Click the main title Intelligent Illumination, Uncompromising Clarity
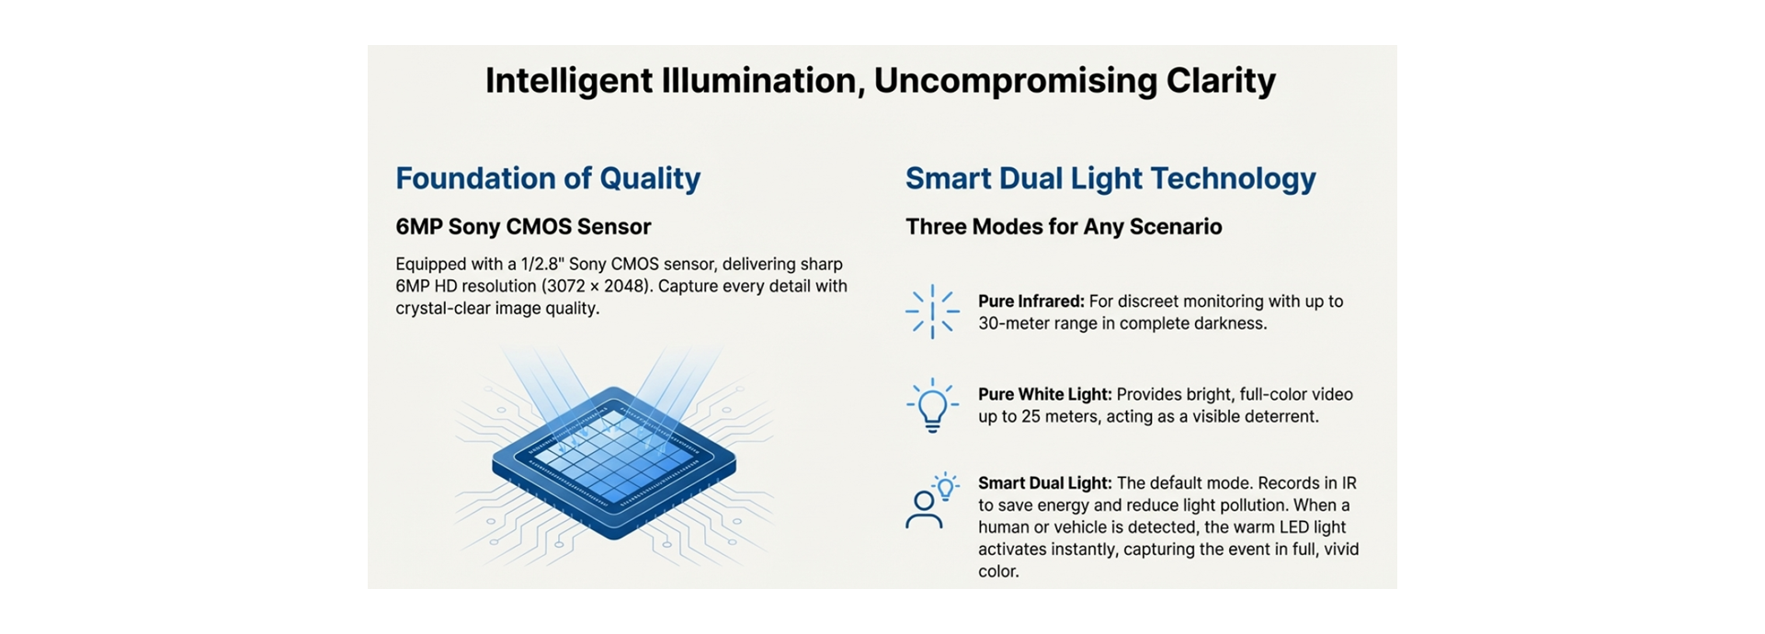(880, 81)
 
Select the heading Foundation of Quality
(548, 178)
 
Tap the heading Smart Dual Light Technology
(1110, 178)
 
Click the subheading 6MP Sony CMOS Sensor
(523, 227)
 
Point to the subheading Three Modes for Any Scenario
(1064, 227)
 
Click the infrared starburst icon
(932, 311)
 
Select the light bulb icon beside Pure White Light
(932, 404)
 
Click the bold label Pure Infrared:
(1031, 301)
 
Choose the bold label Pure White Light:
(1044, 394)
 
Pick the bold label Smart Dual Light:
(1044, 483)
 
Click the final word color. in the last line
(998, 572)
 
